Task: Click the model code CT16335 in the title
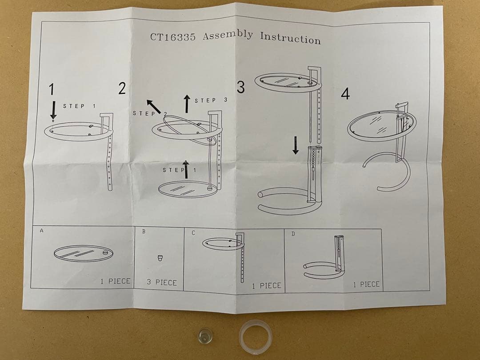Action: (172, 37)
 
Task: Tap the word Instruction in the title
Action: (290, 38)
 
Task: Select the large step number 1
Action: (52, 89)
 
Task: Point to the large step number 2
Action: (122, 88)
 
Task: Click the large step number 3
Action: (240, 87)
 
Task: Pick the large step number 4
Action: (345, 94)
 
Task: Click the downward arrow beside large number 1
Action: (53, 110)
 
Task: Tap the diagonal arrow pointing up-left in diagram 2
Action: (154, 107)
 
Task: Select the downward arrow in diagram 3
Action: (296, 145)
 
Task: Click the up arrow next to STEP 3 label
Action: (187, 104)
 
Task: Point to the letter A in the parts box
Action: (42, 231)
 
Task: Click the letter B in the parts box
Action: (144, 232)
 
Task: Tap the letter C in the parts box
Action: (193, 233)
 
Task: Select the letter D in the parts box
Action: (293, 234)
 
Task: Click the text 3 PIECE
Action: (162, 282)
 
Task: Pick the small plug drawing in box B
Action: (159, 258)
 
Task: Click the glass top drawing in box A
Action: (83, 253)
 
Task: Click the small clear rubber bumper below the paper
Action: (205, 336)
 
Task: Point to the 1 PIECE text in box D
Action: (366, 284)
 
